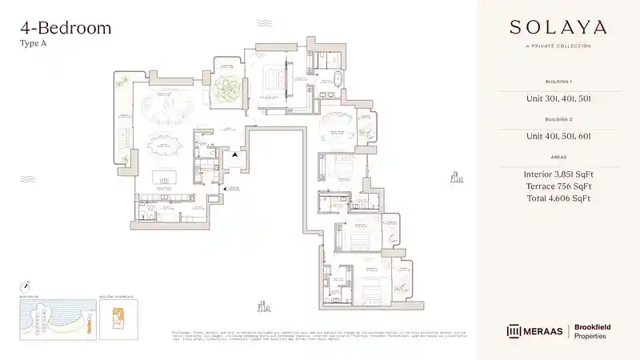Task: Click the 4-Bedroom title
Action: click(65, 28)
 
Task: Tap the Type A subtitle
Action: click(33, 45)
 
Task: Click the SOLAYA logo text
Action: click(558, 27)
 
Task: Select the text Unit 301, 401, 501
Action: click(558, 98)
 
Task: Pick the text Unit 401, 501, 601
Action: click(558, 136)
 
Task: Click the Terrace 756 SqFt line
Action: click(558, 186)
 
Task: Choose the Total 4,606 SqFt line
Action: click(558, 198)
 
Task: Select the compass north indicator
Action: click(26, 284)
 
